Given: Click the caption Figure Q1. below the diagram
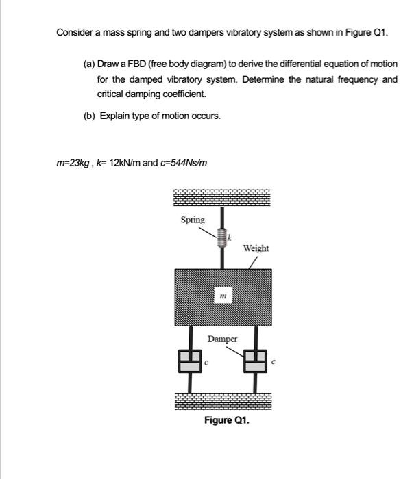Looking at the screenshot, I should (227, 420).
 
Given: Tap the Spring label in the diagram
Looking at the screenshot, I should (192, 220).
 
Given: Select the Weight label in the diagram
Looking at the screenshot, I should (256, 248).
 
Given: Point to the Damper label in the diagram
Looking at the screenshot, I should (223, 339).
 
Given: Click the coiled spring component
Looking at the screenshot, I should (221, 238).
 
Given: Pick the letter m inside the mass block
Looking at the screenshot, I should (223, 296).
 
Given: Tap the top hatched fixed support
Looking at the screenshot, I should (222, 196).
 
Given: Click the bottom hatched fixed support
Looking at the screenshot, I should (222, 402).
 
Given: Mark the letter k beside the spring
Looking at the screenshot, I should (230, 236).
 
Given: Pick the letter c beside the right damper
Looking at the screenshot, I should (274, 363).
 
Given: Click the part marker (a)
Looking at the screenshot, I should (88, 63).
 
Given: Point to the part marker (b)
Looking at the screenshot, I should (88, 116).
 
